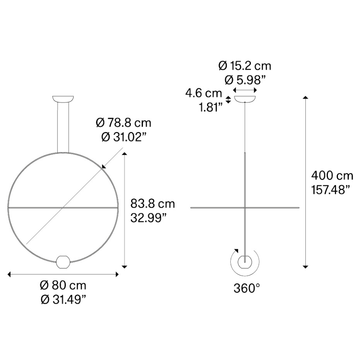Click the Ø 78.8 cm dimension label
coord(123,123)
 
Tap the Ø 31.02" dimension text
coord(123,137)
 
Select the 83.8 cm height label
coord(153,204)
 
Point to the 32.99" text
coord(148,218)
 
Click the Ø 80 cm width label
coord(63,286)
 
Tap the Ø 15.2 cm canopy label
coord(245,66)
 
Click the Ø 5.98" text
coord(245,80)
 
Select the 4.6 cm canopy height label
coord(204,93)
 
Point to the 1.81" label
coord(211,108)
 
